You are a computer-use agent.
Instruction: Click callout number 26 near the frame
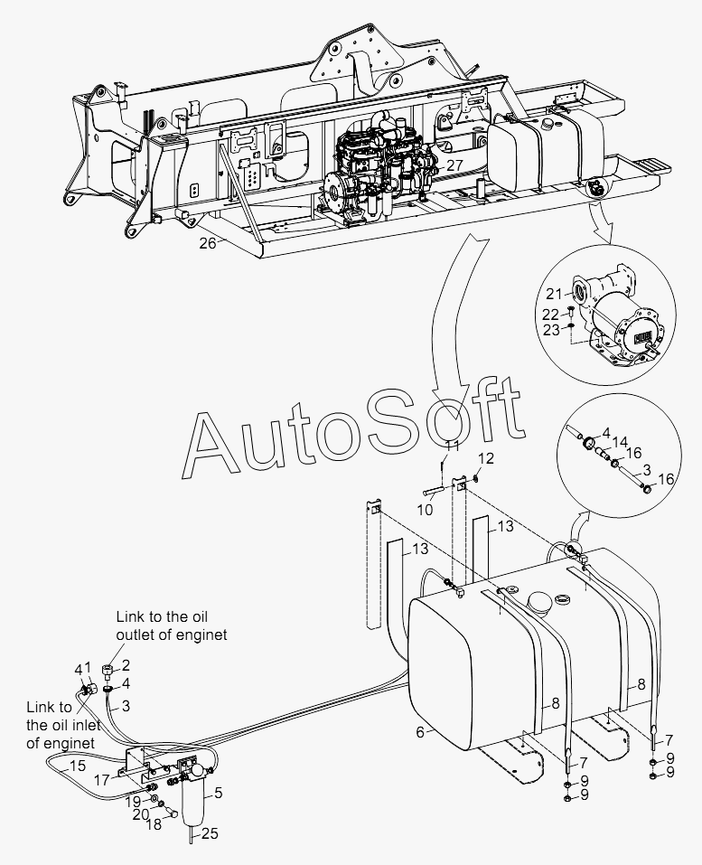(x=207, y=242)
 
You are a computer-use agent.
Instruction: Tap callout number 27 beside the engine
(x=454, y=165)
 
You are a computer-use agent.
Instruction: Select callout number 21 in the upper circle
(x=553, y=293)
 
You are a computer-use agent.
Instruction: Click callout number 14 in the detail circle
(x=621, y=442)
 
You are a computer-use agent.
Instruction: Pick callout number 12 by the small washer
(x=486, y=458)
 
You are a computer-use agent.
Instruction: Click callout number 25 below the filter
(x=209, y=833)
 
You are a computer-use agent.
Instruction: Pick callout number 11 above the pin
(x=453, y=447)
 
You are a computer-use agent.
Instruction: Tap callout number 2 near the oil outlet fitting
(x=126, y=665)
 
